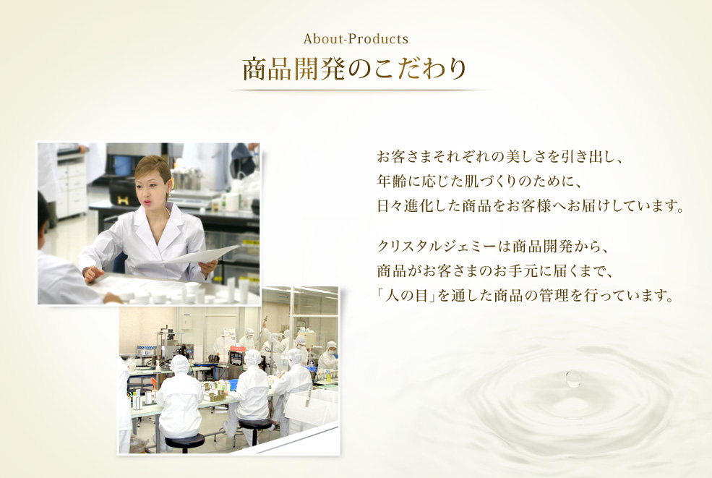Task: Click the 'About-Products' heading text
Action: coord(356,38)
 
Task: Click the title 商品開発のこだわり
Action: coord(355,70)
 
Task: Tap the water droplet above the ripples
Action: coord(574,378)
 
